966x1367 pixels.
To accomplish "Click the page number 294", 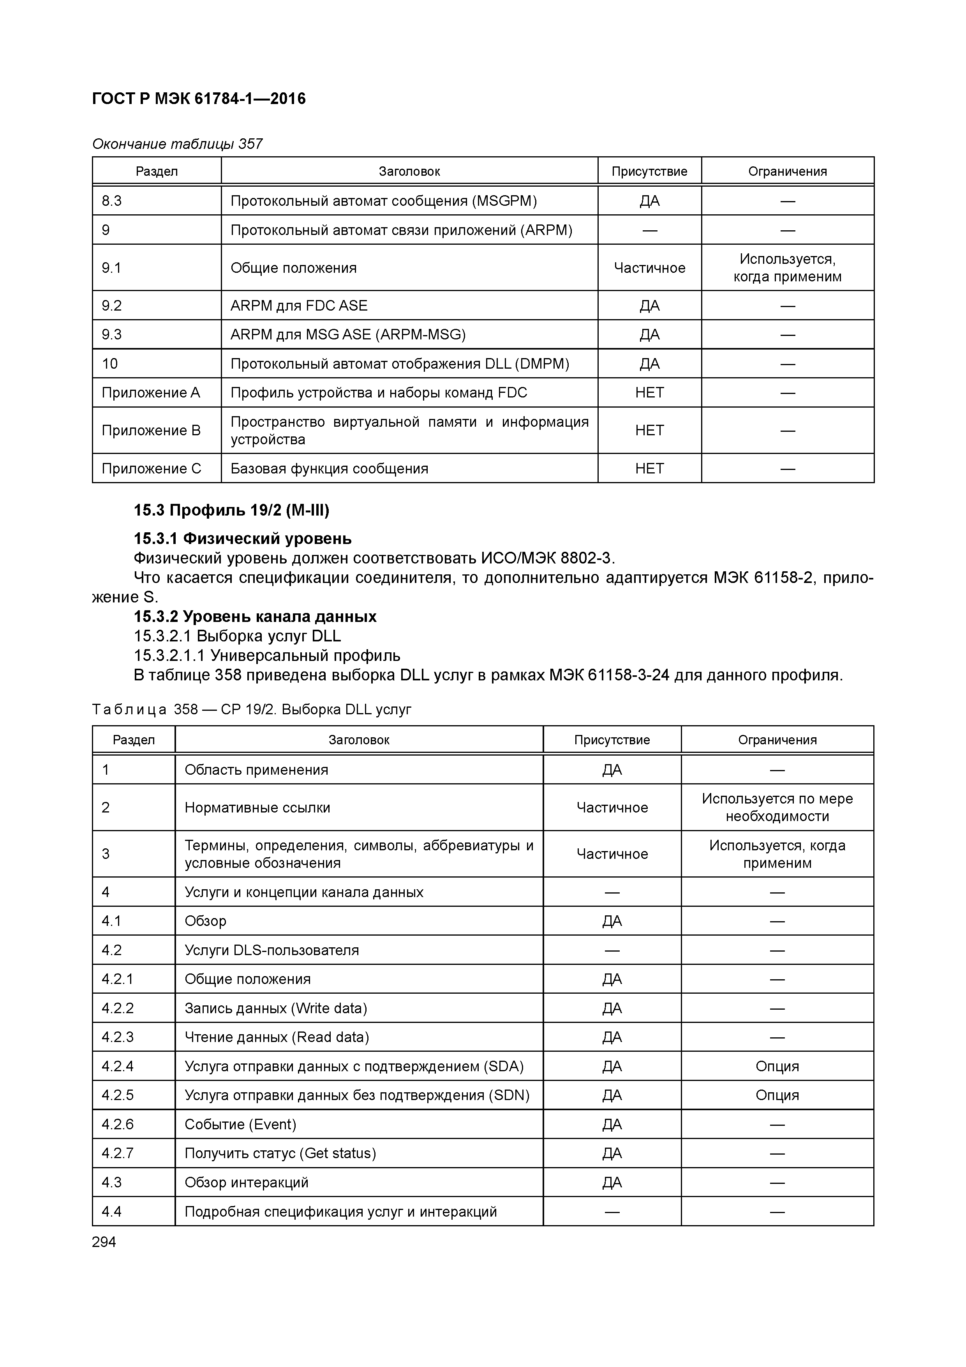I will click(104, 1242).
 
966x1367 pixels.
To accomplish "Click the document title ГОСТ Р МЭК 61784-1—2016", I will click(199, 99).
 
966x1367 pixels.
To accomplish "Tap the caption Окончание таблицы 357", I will click(177, 144).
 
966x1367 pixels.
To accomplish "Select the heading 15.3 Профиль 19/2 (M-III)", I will click(231, 510).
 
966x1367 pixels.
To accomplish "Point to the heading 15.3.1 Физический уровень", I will click(242, 539).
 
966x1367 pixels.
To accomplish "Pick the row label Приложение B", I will click(151, 431).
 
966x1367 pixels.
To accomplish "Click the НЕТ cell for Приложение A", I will click(649, 393).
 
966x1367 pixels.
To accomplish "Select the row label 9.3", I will click(112, 335).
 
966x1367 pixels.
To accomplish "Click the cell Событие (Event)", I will click(240, 1124).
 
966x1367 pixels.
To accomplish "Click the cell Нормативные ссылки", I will click(257, 808).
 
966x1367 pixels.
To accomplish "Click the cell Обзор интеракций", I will click(247, 1182).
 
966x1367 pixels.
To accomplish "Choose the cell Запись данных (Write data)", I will click(275, 1008).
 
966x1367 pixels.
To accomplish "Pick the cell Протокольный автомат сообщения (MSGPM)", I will click(383, 201).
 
